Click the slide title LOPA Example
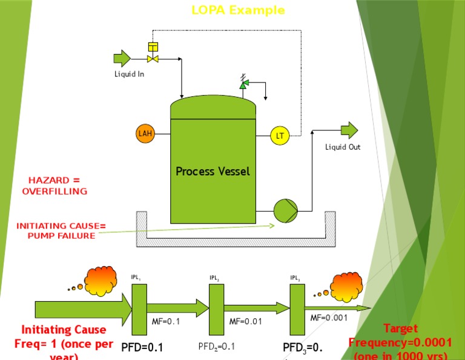click(x=237, y=10)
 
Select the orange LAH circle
click(x=145, y=133)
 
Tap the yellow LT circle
click(x=280, y=136)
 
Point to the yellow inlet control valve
click(x=153, y=58)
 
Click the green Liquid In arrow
click(x=122, y=58)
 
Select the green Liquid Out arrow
click(x=349, y=130)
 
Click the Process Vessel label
click(x=213, y=172)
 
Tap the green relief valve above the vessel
click(x=243, y=85)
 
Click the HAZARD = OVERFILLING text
click(x=54, y=186)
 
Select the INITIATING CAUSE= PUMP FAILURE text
click(x=61, y=231)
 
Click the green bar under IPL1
click(x=139, y=308)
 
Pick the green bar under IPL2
click(x=217, y=308)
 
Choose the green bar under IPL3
click(x=297, y=308)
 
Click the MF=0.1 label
click(x=166, y=322)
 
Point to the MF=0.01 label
click(x=246, y=322)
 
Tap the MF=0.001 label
click(x=329, y=318)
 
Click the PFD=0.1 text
click(x=142, y=348)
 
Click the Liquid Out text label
click(x=343, y=147)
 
